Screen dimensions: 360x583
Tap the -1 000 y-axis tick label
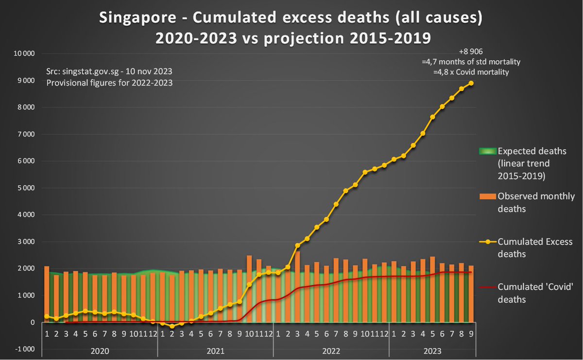tap(23, 349)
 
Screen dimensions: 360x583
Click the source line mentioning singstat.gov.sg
tap(109, 71)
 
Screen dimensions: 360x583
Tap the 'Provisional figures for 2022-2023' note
tap(109, 83)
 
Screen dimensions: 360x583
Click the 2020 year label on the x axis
tap(100, 351)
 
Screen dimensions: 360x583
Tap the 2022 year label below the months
tap(331, 351)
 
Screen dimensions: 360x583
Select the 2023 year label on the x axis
tap(432, 351)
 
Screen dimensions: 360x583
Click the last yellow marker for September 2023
tap(471, 83)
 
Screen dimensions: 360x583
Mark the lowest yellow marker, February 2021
tap(172, 326)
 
